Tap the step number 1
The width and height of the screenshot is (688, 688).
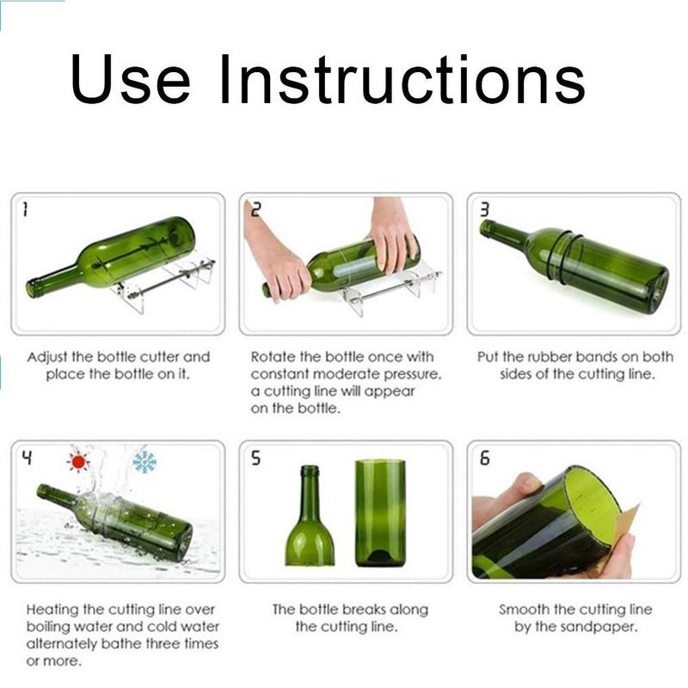[26, 209]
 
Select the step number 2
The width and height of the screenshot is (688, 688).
[255, 209]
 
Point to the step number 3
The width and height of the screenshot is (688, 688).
[484, 209]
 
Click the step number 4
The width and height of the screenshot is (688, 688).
[26, 458]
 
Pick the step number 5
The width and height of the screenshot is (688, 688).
[255, 458]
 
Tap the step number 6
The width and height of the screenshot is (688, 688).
[484, 458]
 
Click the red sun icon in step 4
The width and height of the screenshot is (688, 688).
[79, 462]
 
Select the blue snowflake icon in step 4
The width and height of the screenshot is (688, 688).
[144, 462]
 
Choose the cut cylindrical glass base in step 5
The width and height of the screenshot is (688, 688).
[379, 513]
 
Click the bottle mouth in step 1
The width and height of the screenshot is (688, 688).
[34, 288]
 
